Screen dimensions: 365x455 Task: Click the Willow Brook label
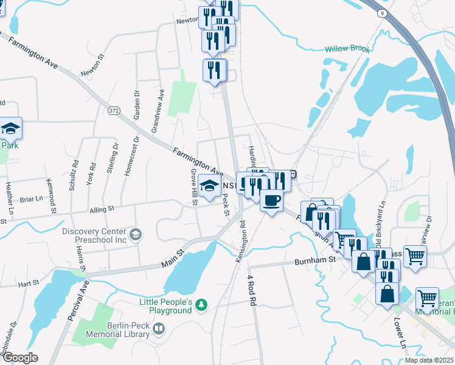347,49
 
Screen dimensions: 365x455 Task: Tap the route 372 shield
114,111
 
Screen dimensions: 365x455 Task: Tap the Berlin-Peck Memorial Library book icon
159,329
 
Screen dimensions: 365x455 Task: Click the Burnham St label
315,260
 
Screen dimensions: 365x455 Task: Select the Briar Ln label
31,198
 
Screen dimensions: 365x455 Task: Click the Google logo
20,357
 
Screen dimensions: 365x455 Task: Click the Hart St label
28,283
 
